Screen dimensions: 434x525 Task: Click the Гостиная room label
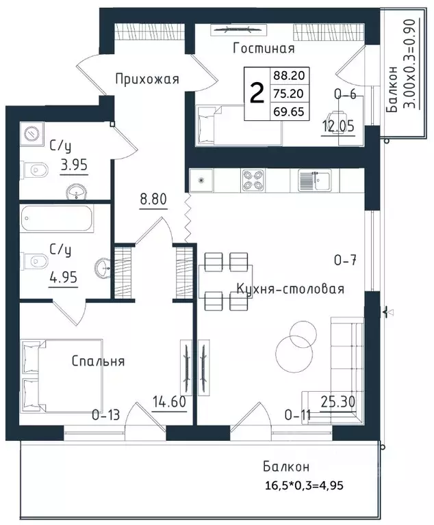pos(264,49)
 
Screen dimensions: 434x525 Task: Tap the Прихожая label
pos(147,79)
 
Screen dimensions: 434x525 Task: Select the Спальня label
pos(99,361)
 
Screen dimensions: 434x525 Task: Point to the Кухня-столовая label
pos(290,288)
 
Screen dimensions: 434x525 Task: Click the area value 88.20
pos(289,75)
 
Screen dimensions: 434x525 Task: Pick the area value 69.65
pos(289,111)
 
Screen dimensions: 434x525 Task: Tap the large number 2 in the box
pos(257,94)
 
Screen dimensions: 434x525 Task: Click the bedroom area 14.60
pos(169,402)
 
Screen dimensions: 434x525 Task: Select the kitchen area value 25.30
pos(337,401)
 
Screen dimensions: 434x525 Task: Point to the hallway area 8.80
pos(153,199)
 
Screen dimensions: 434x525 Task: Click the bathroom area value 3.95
pos(74,165)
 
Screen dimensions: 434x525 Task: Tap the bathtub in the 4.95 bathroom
pos(57,218)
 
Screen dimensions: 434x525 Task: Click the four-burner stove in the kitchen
pos(253,180)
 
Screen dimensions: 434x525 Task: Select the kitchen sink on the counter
pos(315,180)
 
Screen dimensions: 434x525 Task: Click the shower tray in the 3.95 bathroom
pos(32,133)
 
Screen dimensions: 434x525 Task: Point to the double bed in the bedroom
pos(62,377)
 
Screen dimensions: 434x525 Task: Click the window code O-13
pos(106,415)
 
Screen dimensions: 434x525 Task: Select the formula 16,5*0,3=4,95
pos(304,485)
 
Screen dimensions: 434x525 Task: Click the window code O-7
pos(346,260)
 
